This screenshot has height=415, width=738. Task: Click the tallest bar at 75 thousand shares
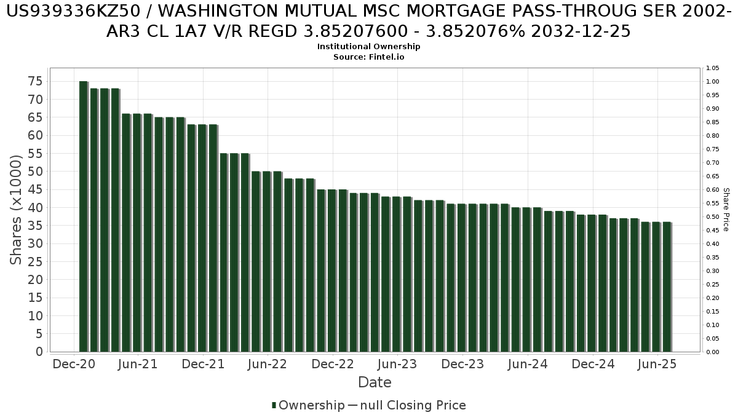click(x=83, y=215)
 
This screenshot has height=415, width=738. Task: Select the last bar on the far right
click(x=667, y=287)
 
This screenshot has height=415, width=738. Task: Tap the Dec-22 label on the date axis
click(x=333, y=364)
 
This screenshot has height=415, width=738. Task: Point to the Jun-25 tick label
click(x=658, y=364)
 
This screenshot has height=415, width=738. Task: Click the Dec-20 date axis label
click(x=73, y=364)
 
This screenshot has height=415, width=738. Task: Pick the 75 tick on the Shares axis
click(x=35, y=81)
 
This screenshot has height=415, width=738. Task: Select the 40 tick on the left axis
click(x=35, y=208)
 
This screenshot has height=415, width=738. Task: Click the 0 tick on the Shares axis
click(x=39, y=352)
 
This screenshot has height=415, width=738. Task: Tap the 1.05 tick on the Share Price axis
click(x=712, y=68)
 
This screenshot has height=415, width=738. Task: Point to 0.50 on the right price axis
click(x=712, y=217)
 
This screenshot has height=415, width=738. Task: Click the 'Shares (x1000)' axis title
click(x=17, y=210)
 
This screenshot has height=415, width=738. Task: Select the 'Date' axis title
click(x=375, y=382)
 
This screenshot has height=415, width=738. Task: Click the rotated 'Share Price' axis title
click(x=726, y=210)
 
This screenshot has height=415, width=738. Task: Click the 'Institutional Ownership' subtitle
click(x=369, y=47)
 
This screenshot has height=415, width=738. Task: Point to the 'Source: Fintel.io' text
click(x=369, y=57)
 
